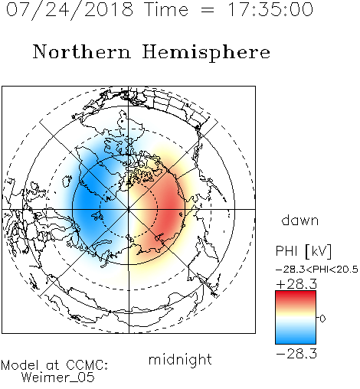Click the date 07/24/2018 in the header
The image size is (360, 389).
[x=70, y=10]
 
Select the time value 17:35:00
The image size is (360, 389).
[x=270, y=9]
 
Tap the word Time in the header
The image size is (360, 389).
[x=166, y=9]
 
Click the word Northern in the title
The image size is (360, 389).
[x=81, y=51]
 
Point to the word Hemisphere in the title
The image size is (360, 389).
[x=206, y=53]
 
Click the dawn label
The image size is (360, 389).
[x=300, y=221]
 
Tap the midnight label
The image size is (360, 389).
[x=180, y=360]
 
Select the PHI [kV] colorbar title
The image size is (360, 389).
[x=303, y=251]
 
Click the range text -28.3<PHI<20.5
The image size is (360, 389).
[x=317, y=270]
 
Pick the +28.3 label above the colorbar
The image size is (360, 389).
[x=296, y=284]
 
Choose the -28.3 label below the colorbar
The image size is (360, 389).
[x=296, y=354]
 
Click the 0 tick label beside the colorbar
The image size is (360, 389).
[x=322, y=319]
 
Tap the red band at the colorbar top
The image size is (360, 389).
[x=296, y=295]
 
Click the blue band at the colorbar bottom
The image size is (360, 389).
[x=296, y=338]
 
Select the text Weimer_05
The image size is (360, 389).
[x=58, y=378]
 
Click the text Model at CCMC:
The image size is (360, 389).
[x=54, y=365]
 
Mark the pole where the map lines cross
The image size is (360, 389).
[x=129, y=209]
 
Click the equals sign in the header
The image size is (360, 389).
[x=208, y=11]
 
